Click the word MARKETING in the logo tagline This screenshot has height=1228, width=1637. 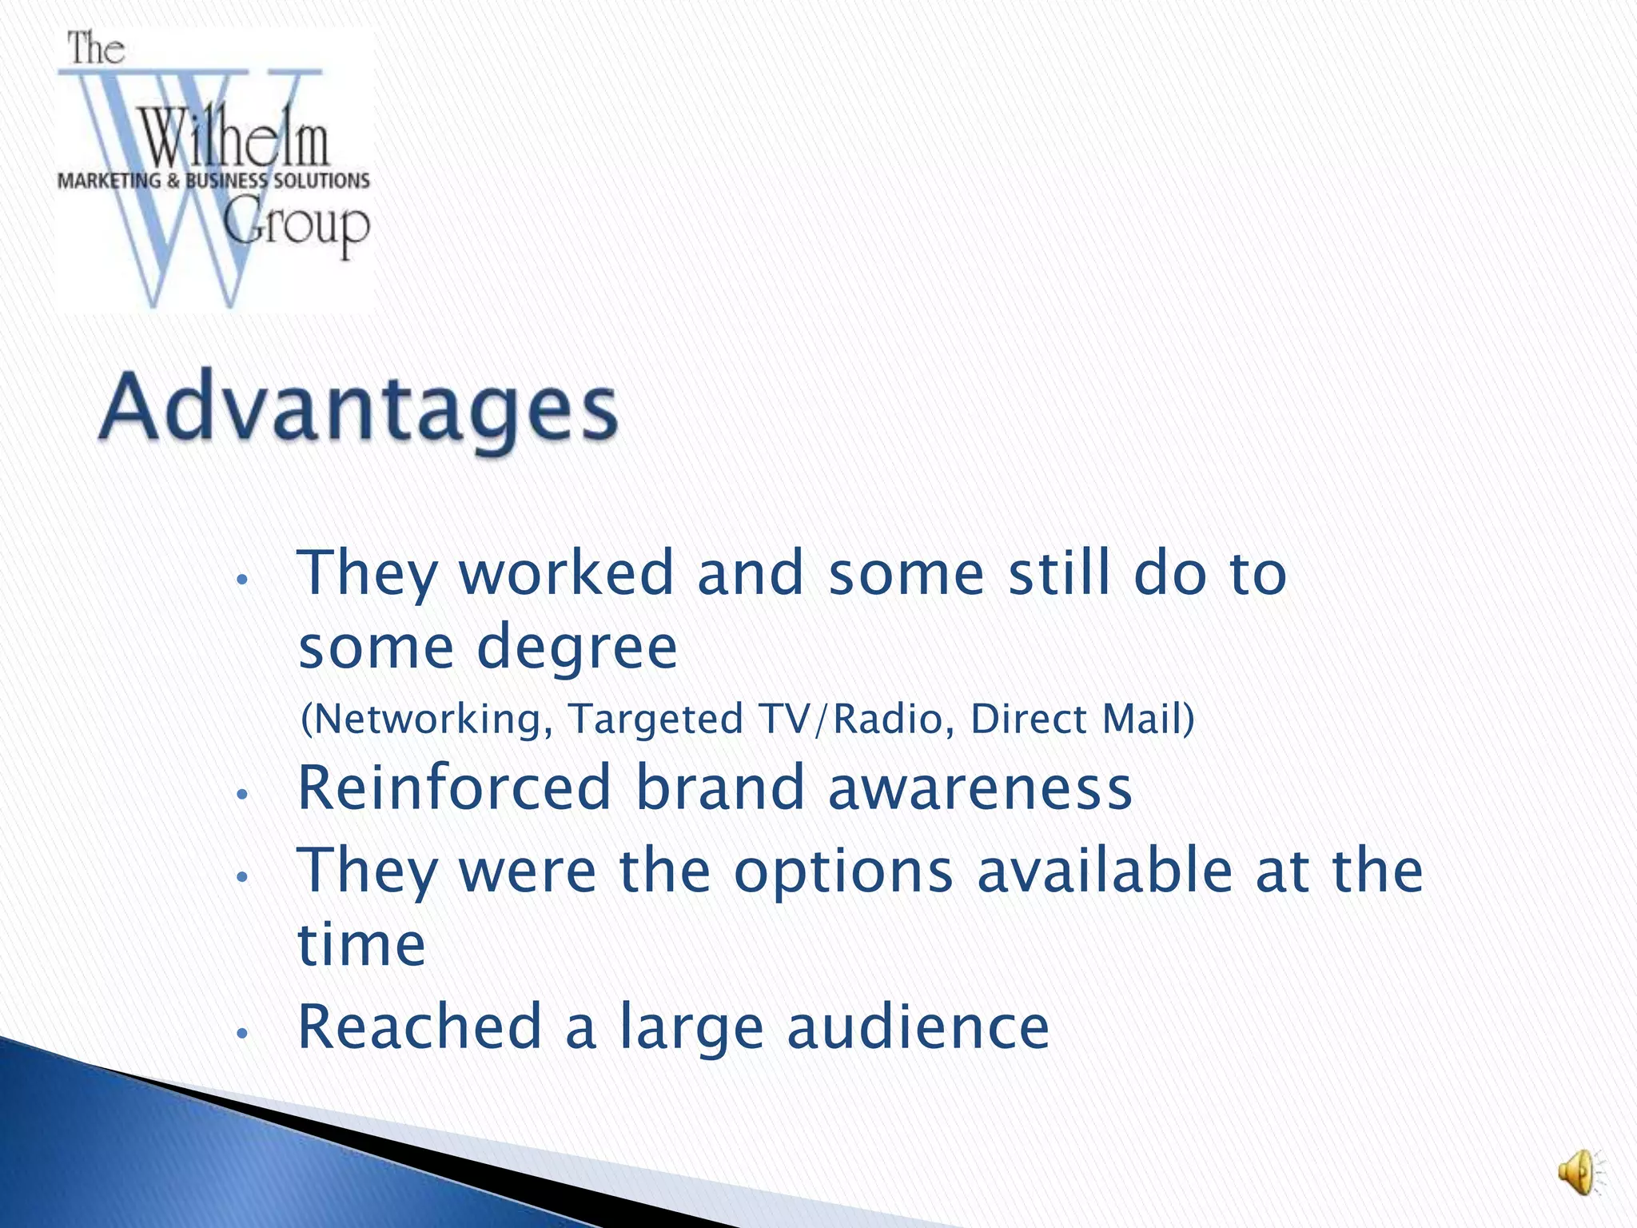coord(109,181)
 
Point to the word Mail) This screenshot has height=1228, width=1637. coord(1149,718)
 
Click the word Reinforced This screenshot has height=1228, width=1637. coord(455,787)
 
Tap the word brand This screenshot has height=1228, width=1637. coord(719,787)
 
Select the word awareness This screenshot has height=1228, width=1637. coord(980,787)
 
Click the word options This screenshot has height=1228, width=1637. coord(843,871)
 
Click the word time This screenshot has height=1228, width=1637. coord(361,944)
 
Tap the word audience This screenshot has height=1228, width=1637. coord(918,1027)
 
